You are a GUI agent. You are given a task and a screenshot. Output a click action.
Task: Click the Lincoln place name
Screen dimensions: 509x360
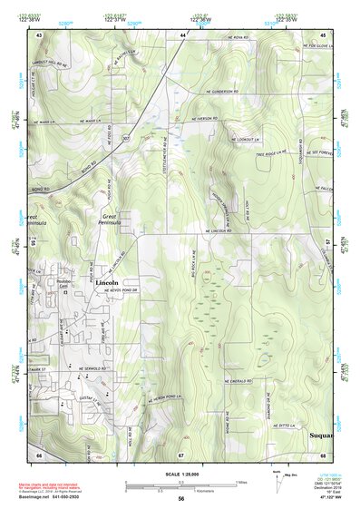click(x=107, y=283)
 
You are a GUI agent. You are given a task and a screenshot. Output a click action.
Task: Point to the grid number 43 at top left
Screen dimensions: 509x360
click(x=39, y=34)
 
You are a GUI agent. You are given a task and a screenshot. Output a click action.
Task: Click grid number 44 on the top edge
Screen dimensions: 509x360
click(x=182, y=34)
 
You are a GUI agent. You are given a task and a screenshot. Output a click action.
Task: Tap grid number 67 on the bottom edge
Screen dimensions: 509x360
click(x=180, y=454)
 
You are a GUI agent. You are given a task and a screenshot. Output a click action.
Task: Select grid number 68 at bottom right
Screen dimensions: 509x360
click(x=322, y=454)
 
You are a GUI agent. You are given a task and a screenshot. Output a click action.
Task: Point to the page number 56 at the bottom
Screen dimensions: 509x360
click(x=180, y=498)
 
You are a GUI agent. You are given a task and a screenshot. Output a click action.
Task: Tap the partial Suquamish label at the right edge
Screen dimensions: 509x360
click(x=321, y=436)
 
